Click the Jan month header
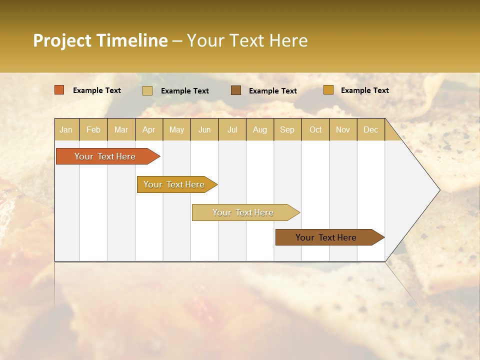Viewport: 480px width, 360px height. (66, 129)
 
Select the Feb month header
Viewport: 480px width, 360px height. (93, 129)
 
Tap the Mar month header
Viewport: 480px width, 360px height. (121, 129)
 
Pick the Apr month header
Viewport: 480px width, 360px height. (149, 129)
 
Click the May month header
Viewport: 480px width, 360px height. (176, 129)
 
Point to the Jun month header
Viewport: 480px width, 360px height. (204, 129)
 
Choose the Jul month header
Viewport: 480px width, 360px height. (232, 129)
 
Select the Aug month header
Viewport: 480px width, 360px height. (260, 129)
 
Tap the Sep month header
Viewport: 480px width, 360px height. (287, 129)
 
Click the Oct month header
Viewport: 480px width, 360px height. (315, 129)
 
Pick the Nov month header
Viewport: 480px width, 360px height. (343, 129)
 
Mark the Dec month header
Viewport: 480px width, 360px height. (371, 129)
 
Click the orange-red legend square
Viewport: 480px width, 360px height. (59, 90)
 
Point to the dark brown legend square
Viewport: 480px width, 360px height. (236, 90)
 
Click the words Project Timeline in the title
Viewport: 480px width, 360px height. (100, 40)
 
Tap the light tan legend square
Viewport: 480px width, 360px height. (147, 90)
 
